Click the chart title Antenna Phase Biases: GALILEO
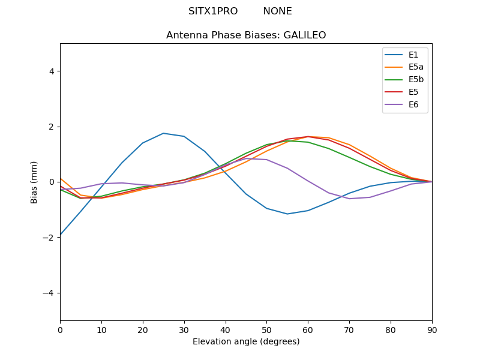click(x=246, y=35)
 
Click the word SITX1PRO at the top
click(x=213, y=11)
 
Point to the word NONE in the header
click(x=277, y=11)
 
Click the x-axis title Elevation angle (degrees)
click(x=246, y=342)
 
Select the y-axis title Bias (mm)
click(x=34, y=182)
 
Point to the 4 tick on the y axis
click(x=51, y=71)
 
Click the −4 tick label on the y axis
click(x=49, y=293)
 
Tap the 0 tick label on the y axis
click(x=51, y=182)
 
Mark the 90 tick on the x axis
click(x=432, y=329)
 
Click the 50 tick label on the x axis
click(x=266, y=329)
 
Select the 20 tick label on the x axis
click(x=143, y=329)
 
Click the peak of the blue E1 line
click(x=163, y=133)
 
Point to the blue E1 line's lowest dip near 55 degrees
click(x=287, y=214)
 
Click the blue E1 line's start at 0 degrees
click(x=61, y=235)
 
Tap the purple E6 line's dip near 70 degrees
click(x=349, y=199)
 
